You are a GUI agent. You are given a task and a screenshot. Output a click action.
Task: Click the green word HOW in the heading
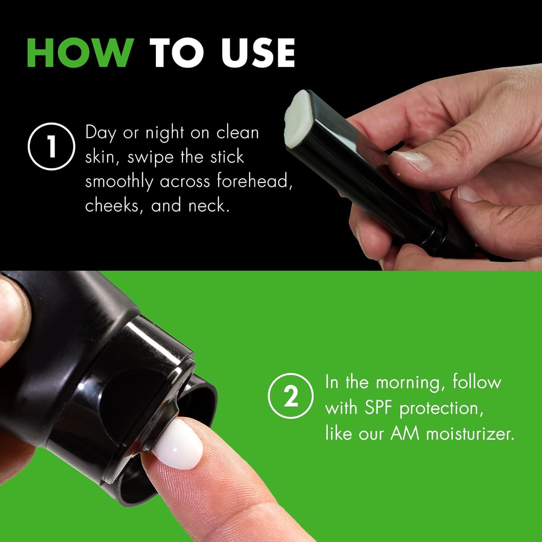tap(79, 53)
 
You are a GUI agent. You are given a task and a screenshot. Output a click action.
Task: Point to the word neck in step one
tap(209, 205)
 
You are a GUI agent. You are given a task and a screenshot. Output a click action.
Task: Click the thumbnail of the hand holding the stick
tap(406, 160)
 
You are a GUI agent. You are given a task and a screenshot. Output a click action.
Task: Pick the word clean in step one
tap(238, 133)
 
